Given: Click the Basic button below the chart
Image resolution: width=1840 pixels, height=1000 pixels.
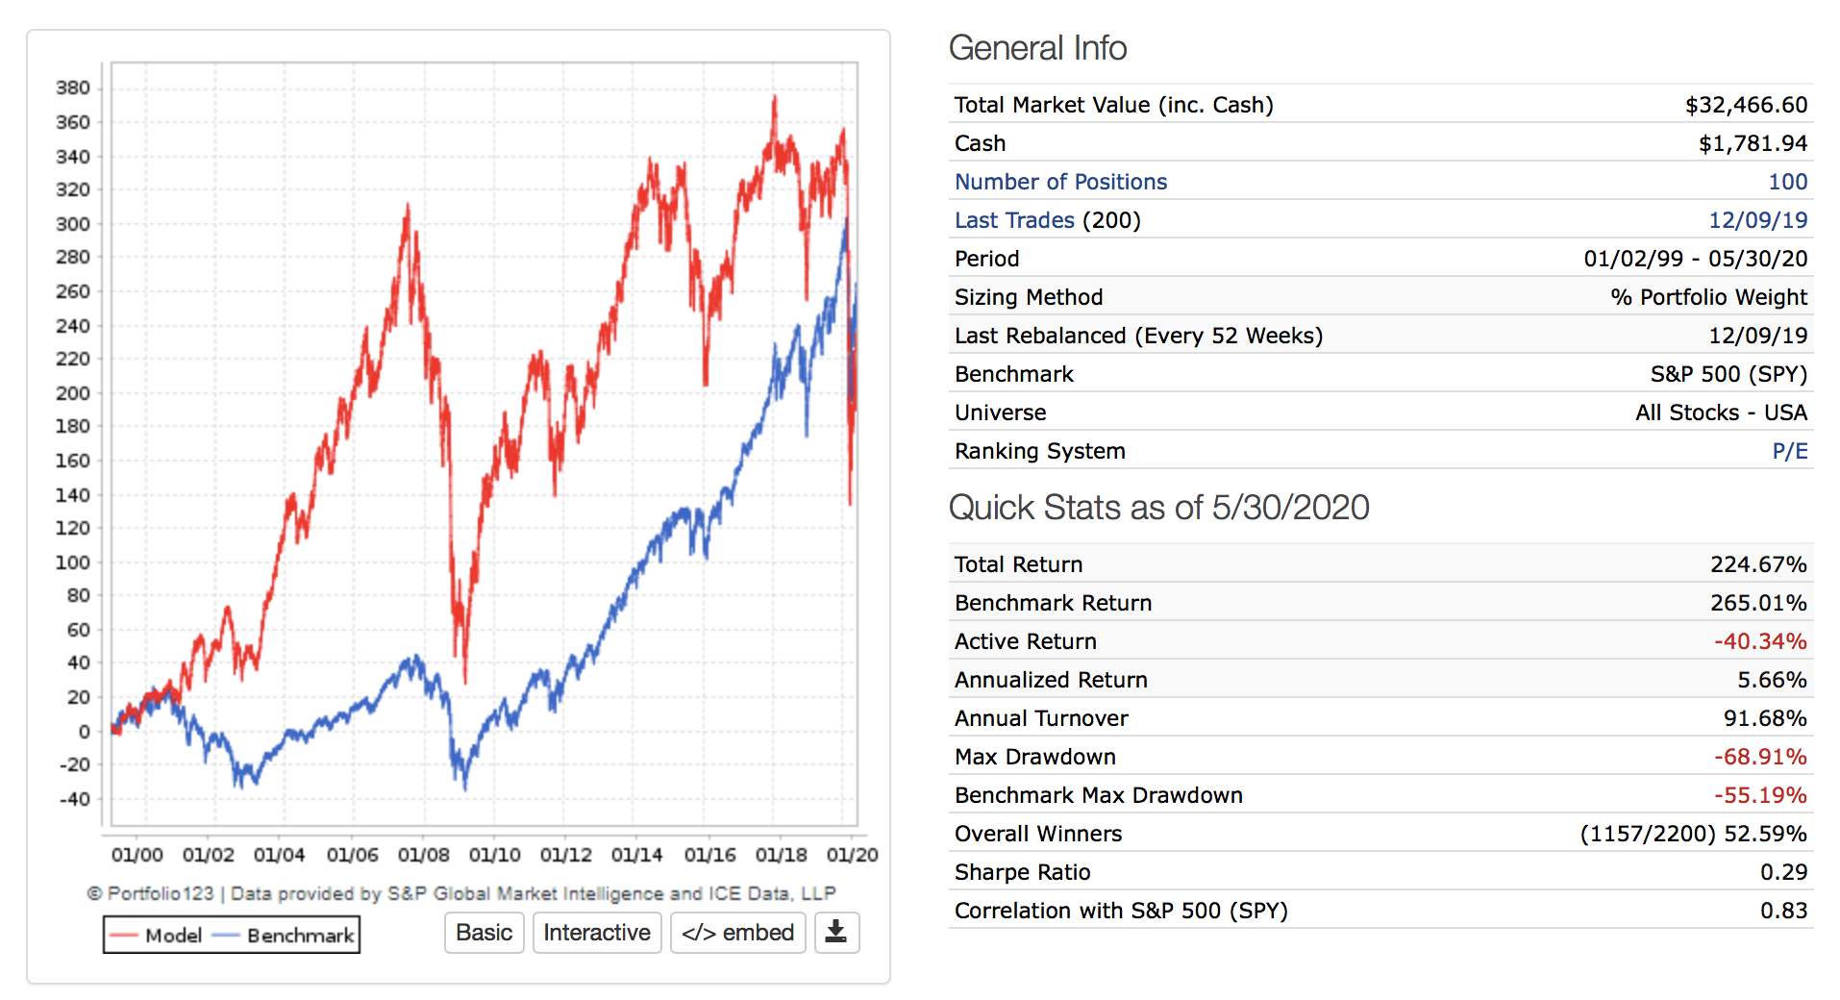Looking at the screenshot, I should click(x=484, y=933).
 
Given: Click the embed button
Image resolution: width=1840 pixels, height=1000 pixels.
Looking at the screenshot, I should click(x=737, y=933).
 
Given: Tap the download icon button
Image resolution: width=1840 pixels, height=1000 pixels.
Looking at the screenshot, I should click(x=836, y=933).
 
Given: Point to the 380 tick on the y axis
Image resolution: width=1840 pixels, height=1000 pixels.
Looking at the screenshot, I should click(x=73, y=87).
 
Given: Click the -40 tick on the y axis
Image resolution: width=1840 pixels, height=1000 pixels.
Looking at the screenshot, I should click(x=73, y=799).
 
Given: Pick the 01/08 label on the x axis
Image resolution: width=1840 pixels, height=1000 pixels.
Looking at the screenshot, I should click(x=423, y=855).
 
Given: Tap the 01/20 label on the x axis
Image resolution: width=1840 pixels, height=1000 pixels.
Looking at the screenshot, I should click(x=852, y=855).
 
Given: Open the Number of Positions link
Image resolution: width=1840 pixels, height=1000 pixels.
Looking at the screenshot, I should click(x=1060, y=182).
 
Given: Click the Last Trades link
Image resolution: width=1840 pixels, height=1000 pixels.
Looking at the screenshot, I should click(x=1014, y=220).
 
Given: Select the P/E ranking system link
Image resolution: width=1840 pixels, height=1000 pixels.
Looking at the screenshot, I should click(x=1789, y=451).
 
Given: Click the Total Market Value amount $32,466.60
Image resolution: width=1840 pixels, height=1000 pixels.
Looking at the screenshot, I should click(x=1746, y=105).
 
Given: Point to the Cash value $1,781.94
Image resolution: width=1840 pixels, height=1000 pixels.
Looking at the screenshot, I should click(x=1753, y=143).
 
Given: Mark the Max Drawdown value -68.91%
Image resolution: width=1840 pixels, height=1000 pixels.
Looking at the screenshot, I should click(x=1760, y=757).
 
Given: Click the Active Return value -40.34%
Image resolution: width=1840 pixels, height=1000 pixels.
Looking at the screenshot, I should click(x=1760, y=641).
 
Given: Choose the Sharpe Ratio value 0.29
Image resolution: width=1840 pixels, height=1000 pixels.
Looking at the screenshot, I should click(x=1783, y=872).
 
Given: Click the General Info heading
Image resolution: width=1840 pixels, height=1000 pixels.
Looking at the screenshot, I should click(x=1037, y=48).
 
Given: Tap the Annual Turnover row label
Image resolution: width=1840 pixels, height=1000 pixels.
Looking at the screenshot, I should click(x=1041, y=718).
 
